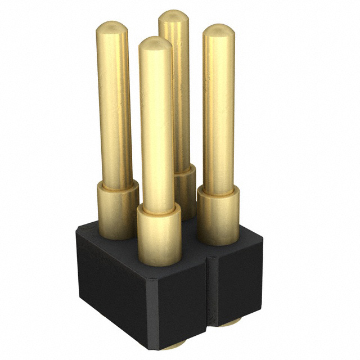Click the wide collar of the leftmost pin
click(x=117, y=209)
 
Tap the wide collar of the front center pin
click(x=159, y=233)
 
